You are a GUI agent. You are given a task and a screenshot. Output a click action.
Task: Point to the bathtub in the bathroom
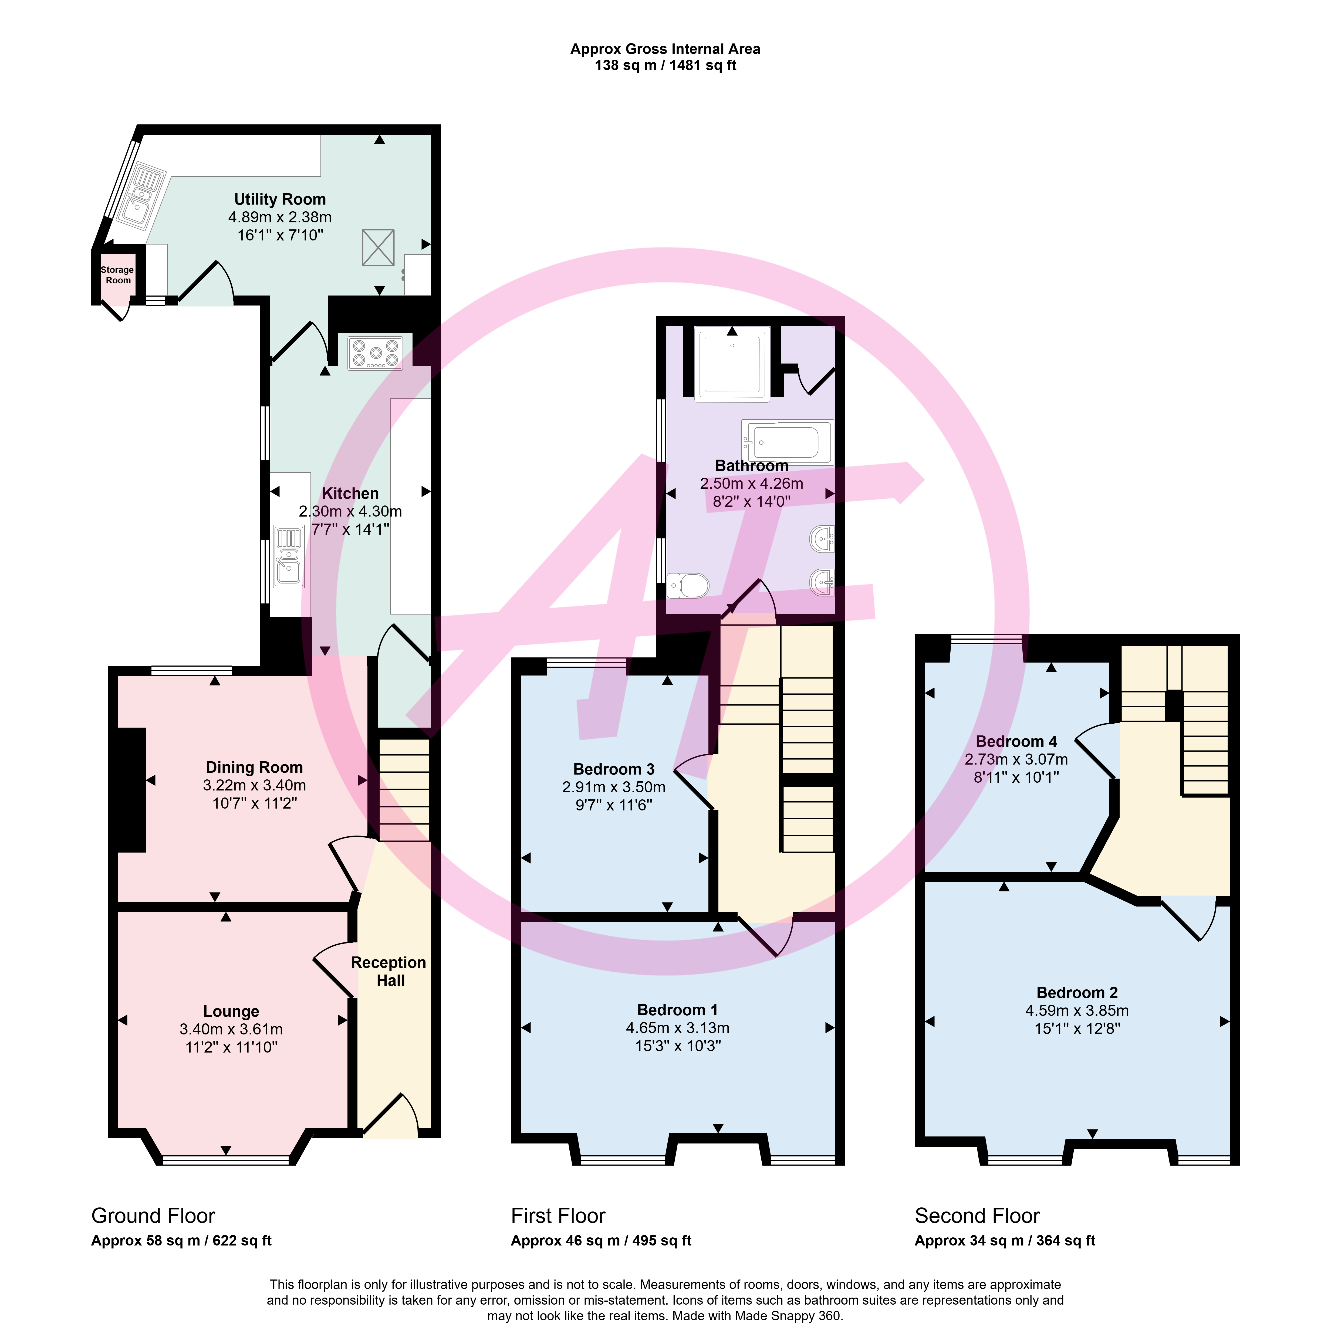(x=787, y=442)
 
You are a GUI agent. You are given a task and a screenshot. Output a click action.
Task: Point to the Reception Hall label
(x=389, y=971)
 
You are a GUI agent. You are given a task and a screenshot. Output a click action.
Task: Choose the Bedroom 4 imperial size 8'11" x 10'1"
(x=1016, y=777)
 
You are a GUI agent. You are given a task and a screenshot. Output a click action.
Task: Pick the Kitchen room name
(x=351, y=493)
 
